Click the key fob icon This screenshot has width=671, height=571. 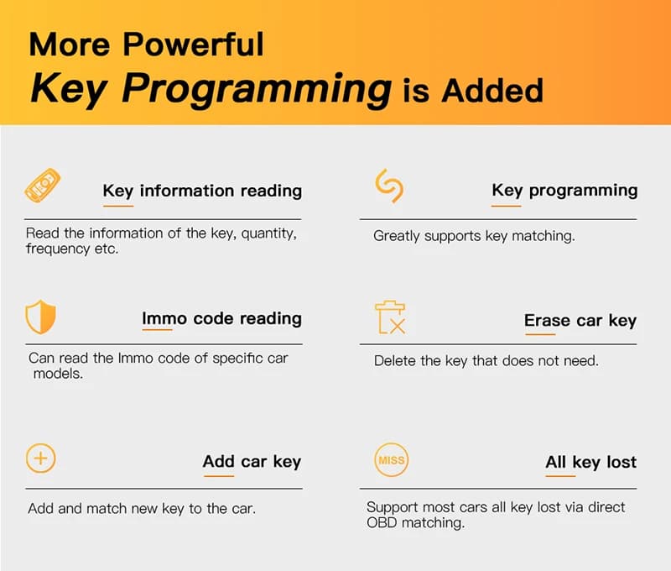tap(43, 186)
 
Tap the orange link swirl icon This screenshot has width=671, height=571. tap(389, 186)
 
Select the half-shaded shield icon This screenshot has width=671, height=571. tap(40, 317)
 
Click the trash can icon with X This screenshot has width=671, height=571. tap(390, 317)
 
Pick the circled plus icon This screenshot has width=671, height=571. tap(40, 458)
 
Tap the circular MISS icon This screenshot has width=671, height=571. tap(391, 459)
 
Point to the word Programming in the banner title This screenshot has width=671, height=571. tap(257, 89)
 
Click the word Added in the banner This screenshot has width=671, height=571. tap(492, 91)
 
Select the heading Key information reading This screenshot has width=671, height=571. tap(202, 191)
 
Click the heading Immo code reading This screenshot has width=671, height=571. tap(221, 319)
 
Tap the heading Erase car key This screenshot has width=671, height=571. tap(580, 321)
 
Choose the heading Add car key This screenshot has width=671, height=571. tap(252, 462)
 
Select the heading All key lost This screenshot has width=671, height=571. tap(591, 462)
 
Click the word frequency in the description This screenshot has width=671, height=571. tap(58, 249)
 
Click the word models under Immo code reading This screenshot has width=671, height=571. tap(58, 374)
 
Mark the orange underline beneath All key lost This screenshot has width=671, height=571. tap(560, 475)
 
